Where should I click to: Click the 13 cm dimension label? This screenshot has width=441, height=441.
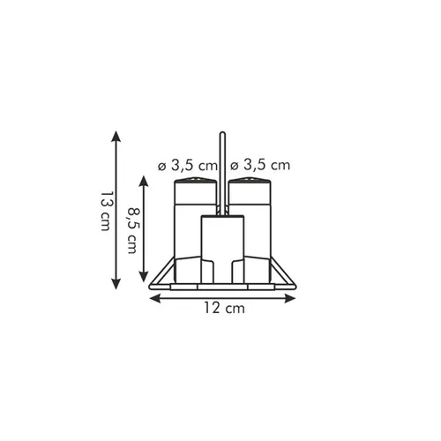click(x=106, y=212)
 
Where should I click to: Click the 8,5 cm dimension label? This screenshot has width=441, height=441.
click(x=132, y=230)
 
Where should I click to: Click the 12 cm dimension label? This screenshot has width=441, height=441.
click(x=225, y=308)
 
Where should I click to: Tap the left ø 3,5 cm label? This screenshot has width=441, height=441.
click(x=187, y=166)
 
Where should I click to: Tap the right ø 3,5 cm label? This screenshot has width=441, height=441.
click(x=260, y=165)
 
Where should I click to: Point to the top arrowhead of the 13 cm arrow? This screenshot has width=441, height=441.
click(x=116, y=137)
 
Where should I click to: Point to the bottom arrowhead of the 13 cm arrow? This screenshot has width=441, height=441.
click(x=116, y=283)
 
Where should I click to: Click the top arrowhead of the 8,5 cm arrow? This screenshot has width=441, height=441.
click(x=143, y=182)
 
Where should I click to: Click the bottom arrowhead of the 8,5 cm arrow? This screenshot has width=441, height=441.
click(x=143, y=276)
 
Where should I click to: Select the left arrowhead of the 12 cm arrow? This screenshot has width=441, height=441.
click(x=155, y=299)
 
